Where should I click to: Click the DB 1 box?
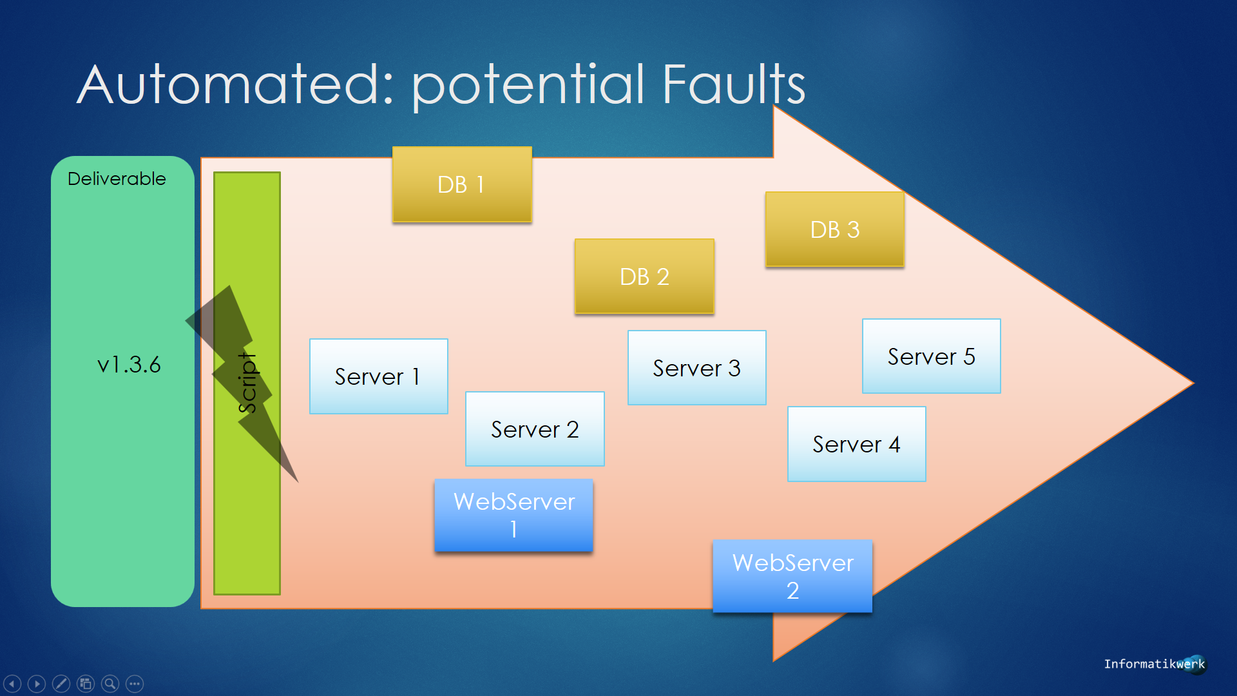point(462,184)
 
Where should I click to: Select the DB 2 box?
point(644,276)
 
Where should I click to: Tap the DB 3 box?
point(835,229)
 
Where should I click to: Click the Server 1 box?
point(379,376)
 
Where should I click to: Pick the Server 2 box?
point(535,429)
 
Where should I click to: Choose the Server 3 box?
point(697,368)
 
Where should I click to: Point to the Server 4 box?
point(857,444)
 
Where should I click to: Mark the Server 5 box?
point(932,356)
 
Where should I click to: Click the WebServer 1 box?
point(513,516)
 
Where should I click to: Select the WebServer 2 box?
point(792,576)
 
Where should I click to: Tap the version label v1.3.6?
point(129,365)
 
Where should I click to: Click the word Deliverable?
point(117,179)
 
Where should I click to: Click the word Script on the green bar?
point(247,383)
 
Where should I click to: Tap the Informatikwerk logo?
point(1155,664)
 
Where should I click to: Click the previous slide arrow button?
point(12,683)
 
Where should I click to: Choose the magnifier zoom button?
point(110,683)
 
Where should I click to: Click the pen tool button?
point(61,683)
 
